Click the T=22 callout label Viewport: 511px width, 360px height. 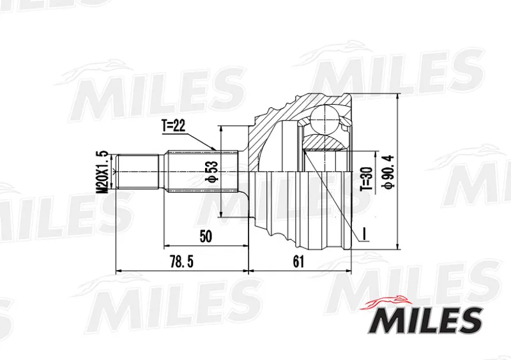173,126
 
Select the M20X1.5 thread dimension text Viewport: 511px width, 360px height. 103,172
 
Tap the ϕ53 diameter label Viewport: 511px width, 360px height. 211,172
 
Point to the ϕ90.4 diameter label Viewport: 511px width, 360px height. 390,171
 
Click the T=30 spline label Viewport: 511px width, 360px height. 366,179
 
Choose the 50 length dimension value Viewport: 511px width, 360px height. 205,236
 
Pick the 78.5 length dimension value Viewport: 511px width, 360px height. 181,262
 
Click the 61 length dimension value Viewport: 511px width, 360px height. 298,261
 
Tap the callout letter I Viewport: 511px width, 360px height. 365,234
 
